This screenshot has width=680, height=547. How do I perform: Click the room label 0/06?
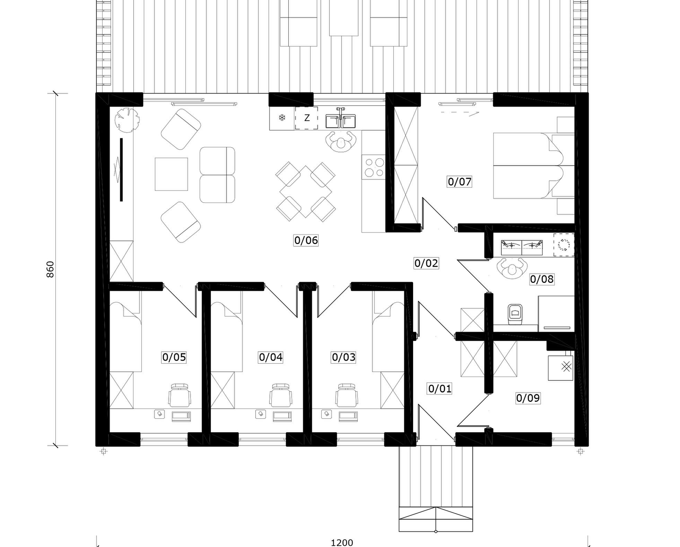click(x=306, y=240)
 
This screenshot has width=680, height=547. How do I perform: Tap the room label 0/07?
click(x=460, y=182)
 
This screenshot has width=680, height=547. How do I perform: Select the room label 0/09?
click(x=528, y=398)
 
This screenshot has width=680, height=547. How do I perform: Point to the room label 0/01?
click(x=440, y=389)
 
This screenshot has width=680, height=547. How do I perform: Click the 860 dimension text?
click(x=50, y=269)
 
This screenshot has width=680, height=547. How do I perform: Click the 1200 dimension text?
click(x=342, y=542)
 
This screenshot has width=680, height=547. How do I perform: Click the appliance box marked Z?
click(x=306, y=118)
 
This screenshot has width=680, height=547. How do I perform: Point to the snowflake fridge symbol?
click(x=282, y=118)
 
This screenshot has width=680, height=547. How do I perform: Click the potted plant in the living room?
click(x=127, y=120)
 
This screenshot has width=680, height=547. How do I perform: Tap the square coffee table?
click(x=171, y=174)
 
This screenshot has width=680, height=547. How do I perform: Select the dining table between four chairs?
click(x=305, y=191)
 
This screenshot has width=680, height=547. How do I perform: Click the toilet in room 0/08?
click(x=515, y=315)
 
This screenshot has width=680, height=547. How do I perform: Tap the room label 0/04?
click(x=271, y=357)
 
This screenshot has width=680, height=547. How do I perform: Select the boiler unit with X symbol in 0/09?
click(x=560, y=368)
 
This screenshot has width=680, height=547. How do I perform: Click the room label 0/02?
click(x=426, y=263)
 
